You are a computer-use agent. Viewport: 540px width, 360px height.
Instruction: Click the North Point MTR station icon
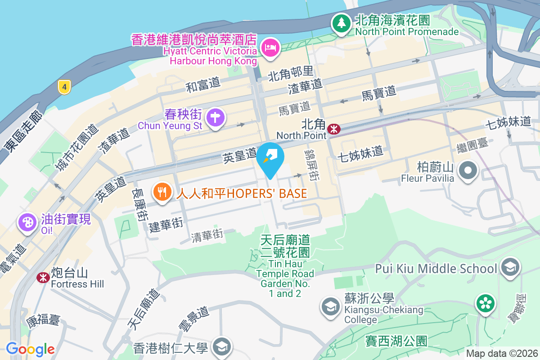(x=334, y=129)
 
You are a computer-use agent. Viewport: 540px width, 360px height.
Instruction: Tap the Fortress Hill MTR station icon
(x=43, y=277)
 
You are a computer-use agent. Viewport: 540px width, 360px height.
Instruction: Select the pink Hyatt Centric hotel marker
(x=270, y=47)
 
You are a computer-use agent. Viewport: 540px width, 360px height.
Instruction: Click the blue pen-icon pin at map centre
(x=270, y=157)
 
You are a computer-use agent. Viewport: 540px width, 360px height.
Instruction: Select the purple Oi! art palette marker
(x=27, y=222)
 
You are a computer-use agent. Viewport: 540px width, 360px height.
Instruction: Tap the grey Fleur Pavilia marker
(x=468, y=171)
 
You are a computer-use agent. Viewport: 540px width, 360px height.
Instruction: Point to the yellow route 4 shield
(x=65, y=87)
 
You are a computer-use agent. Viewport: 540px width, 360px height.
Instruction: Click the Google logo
(x=30, y=349)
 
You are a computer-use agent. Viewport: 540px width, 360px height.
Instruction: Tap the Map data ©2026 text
(x=501, y=353)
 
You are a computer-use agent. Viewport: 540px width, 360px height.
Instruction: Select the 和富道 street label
(x=203, y=84)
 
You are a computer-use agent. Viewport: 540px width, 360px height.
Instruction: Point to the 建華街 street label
(x=166, y=224)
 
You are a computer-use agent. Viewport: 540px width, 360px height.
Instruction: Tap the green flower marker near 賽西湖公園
(x=486, y=303)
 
